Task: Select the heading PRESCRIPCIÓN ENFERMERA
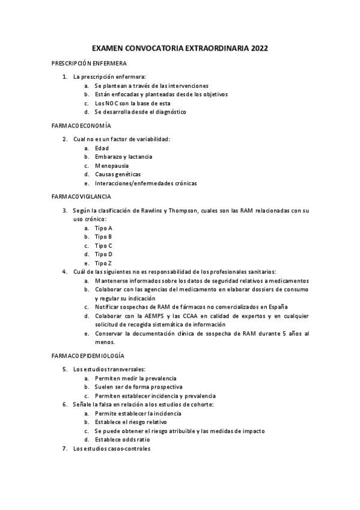pyautogui.click(x=88, y=63)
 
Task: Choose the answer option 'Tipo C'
pyautogui.click(x=103, y=245)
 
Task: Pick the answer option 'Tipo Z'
pyautogui.click(x=103, y=263)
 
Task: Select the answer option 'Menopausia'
pyautogui.click(x=111, y=165)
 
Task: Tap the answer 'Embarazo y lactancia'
pyautogui.click(x=123, y=156)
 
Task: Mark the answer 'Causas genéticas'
pyautogui.click(x=118, y=174)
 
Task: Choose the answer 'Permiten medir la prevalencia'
pyautogui.click(x=137, y=378)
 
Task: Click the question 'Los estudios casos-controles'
pyautogui.click(x=112, y=449)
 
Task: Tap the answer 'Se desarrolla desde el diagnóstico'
pyautogui.click(x=140, y=112)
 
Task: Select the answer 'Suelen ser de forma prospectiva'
pyautogui.click(x=139, y=387)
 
